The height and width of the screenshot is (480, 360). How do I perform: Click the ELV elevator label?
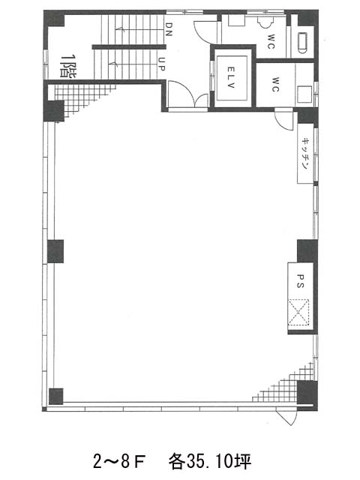(231, 78)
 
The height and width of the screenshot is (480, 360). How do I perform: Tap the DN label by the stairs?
(168, 29)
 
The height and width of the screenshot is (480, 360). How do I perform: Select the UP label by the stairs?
(162, 64)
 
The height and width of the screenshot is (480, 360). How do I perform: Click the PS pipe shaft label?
(300, 281)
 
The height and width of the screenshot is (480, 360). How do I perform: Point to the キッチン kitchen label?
(305, 154)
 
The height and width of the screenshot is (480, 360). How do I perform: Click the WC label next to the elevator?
(275, 85)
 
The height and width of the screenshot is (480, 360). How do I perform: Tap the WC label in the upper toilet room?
(271, 42)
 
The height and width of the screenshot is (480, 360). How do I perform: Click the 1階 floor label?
(68, 66)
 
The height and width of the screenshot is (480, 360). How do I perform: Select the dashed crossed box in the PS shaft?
(298, 312)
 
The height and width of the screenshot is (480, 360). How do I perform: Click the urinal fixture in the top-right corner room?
(302, 43)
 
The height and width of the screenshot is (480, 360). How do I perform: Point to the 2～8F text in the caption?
(118, 462)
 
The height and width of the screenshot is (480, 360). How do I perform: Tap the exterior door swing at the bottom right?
(286, 417)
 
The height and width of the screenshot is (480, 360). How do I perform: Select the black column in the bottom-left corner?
(56, 397)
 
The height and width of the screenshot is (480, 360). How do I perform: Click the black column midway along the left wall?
(55, 251)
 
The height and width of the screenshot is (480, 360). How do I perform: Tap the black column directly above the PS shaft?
(307, 251)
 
